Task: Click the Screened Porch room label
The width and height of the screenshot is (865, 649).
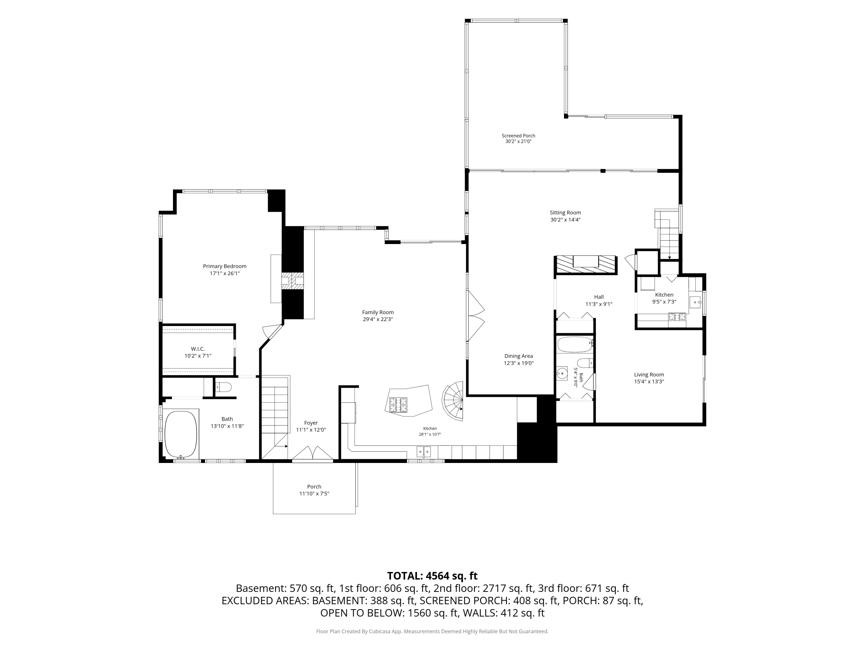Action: click(518, 136)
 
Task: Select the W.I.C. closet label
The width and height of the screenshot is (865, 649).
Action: click(198, 348)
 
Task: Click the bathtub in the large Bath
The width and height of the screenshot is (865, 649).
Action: click(181, 434)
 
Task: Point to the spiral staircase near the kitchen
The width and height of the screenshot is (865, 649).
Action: click(453, 401)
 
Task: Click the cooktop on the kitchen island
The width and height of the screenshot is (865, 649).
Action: click(398, 405)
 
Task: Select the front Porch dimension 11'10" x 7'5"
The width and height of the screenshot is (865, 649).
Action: click(314, 494)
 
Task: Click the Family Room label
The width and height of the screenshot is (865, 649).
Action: click(378, 312)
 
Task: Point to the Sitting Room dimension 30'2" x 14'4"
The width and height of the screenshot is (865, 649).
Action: click(565, 220)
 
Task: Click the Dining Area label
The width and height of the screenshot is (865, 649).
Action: click(518, 356)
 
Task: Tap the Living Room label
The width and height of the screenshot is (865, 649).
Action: click(649, 375)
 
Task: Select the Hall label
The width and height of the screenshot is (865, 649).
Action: click(599, 297)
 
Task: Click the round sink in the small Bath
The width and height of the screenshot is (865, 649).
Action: click(562, 374)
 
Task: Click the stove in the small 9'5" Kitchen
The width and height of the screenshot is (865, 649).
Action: click(677, 317)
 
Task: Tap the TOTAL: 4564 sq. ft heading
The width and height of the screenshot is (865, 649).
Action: click(432, 576)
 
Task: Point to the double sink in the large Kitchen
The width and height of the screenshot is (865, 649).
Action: click(424, 452)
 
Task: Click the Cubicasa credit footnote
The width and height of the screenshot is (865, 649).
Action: click(432, 631)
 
